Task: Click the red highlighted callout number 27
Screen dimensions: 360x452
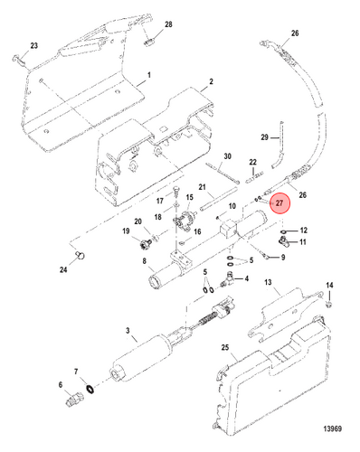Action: pos(279,203)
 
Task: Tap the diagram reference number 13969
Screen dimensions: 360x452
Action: pos(333,428)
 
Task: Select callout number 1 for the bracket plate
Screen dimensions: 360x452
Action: pos(148,75)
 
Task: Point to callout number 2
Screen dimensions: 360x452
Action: pos(211,81)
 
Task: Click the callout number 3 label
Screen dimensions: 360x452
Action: pos(128,331)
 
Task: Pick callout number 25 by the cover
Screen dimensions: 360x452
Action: pos(225,347)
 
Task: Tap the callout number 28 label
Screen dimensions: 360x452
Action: pos(168,24)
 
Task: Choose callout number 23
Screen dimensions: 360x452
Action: pos(33,45)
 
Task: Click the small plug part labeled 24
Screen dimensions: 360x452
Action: pos(81,256)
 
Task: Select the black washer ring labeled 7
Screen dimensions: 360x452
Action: pos(90,389)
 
